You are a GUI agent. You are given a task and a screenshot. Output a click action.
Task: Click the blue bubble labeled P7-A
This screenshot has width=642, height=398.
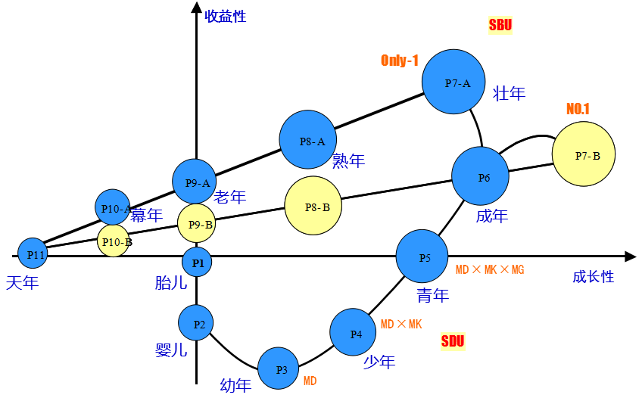point(453,82)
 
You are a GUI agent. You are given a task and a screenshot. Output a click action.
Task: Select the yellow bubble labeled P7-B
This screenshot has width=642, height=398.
point(583,154)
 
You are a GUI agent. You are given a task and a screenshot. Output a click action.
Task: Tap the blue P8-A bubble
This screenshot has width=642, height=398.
point(308,139)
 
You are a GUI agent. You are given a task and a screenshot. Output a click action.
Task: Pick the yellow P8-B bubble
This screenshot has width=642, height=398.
point(313,206)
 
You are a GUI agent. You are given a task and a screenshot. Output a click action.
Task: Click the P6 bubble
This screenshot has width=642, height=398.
point(480,176)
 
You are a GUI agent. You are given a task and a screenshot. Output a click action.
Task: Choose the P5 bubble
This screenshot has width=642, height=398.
point(422,257)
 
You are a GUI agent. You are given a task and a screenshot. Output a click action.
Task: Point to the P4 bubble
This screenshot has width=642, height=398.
point(353,332)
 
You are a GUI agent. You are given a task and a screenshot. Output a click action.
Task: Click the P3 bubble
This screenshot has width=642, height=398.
point(278,368)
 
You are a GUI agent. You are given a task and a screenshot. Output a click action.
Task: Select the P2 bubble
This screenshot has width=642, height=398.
point(196,323)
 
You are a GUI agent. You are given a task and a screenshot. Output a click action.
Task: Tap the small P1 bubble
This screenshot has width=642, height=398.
point(197,262)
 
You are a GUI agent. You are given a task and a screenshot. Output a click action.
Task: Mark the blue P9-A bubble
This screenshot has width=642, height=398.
point(195,182)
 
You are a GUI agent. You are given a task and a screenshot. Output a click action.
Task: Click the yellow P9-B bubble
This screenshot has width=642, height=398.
point(196,223)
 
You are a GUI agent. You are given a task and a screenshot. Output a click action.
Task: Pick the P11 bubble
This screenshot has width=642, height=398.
point(33,253)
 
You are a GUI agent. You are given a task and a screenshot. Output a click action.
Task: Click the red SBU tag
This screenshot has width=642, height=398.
point(500,25)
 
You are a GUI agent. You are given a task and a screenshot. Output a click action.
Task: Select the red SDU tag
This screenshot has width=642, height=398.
point(453,341)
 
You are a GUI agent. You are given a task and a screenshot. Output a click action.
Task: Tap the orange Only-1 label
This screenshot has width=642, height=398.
point(400,61)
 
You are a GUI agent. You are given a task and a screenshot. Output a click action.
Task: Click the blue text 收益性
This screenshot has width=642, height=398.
point(226,16)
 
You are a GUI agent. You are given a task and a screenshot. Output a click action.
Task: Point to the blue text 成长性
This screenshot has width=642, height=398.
point(593,277)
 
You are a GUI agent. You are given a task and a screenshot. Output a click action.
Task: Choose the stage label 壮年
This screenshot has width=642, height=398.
point(509,94)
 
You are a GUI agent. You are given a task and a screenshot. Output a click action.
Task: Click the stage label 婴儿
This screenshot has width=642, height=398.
point(171,350)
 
